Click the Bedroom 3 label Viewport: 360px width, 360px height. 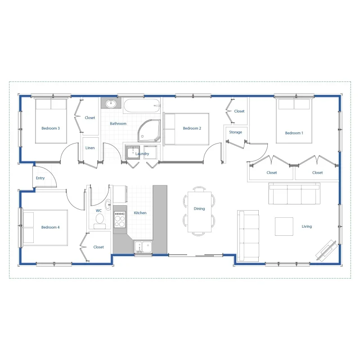pyautogui.click(x=51, y=128)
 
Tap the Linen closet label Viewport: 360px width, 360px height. pyautogui.click(x=90, y=148)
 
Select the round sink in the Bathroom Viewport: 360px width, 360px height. pyautogui.click(x=110, y=104)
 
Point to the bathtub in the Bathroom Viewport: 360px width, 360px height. pyautogui.click(x=142, y=106)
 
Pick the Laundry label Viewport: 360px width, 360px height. pyautogui.click(x=142, y=154)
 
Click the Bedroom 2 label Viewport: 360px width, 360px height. pyautogui.click(x=192, y=128)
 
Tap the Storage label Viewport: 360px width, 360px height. pyautogui.click(x=235, y=132)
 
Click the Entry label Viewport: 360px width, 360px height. pyautogui.click(x=40, y=178)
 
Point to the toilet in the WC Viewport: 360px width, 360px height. pyautogui.click(x=99, y=220)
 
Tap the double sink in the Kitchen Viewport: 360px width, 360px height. pyautogui.click(x=143, y=246)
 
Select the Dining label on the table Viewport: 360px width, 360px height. pyautogui.click(x=199, y=209)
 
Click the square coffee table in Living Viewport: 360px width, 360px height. pyautogui.click(x=284, y=226)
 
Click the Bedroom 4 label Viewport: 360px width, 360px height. pyautogui.click(x=50, y=227)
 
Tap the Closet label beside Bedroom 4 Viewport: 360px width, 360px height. pyautogui.click(x=99, y=247)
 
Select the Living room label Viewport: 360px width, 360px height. pyautogui.click(x=307, y=226)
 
